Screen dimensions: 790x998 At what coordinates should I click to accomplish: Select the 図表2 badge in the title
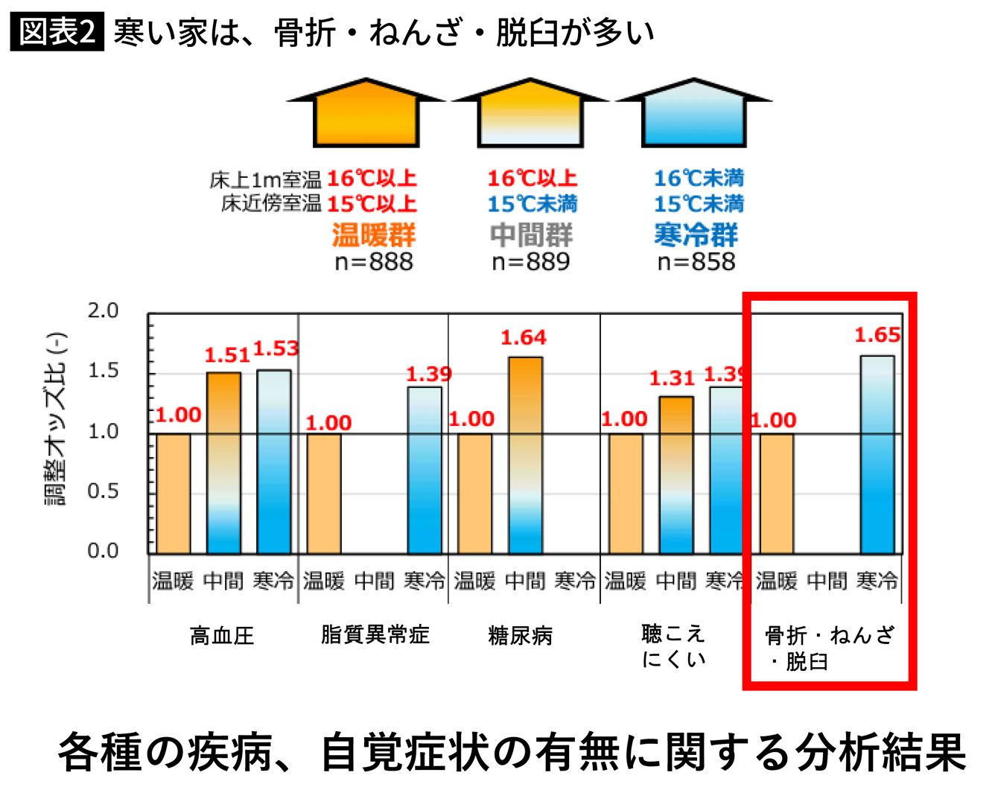click(57, 31)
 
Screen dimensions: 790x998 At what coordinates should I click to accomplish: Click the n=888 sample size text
click(373, 262)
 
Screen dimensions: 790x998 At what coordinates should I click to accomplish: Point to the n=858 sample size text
click(696, 262)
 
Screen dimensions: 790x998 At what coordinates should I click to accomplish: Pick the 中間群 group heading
click(531, 235)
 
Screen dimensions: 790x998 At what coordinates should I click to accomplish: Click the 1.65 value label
click(877, 335)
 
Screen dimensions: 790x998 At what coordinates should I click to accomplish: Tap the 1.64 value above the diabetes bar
click(523, 338)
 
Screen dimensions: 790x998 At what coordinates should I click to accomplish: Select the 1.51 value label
click(226, 355)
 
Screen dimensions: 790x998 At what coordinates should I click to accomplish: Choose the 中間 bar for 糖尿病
click(525, 455)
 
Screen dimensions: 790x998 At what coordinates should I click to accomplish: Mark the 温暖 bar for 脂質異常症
click(324, 493)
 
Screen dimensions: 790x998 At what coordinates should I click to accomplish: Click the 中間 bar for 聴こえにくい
click(676, 474)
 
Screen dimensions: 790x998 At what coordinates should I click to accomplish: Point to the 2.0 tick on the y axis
click(103, 311)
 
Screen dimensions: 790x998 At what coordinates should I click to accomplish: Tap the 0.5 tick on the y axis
click(103, 491)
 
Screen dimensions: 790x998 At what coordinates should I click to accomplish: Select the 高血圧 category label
click(222, 636)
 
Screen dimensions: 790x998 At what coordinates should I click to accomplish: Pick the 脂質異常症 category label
click(375, 634)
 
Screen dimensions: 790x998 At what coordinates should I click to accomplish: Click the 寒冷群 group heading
click(696, 235)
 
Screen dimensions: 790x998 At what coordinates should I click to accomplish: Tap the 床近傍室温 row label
click(271, 203)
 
